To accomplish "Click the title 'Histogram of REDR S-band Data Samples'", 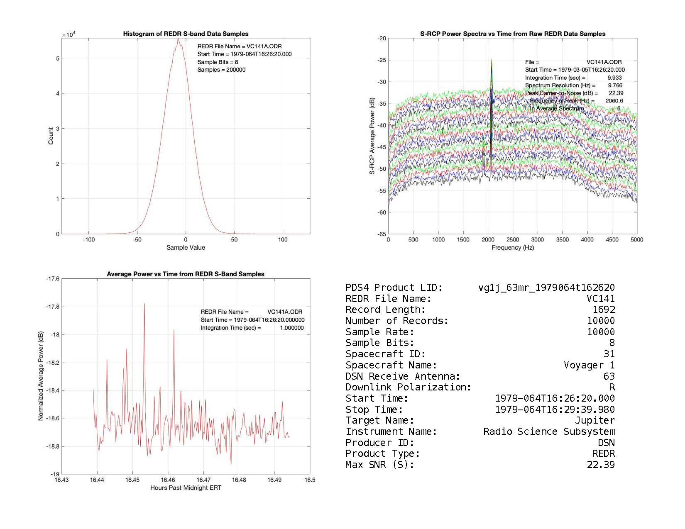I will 186,34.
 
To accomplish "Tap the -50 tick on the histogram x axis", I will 137,239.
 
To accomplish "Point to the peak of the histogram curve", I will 178,39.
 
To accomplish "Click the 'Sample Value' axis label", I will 186,248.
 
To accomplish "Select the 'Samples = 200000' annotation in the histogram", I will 221,70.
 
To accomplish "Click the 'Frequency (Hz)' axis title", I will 513,248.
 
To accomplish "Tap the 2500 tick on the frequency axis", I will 513,239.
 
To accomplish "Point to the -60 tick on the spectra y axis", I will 382,212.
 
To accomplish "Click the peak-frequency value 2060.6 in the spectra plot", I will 614,101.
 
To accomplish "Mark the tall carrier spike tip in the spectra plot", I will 492,60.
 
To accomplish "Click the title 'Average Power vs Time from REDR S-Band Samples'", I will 186,274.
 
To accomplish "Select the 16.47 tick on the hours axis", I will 203,480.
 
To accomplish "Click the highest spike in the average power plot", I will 144,304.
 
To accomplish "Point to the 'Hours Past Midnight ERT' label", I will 186,488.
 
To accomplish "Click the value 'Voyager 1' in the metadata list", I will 589,366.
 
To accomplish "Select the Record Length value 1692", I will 604,310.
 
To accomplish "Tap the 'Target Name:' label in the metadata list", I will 380,421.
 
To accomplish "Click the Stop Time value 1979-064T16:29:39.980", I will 555,410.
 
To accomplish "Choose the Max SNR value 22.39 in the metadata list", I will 601,465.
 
